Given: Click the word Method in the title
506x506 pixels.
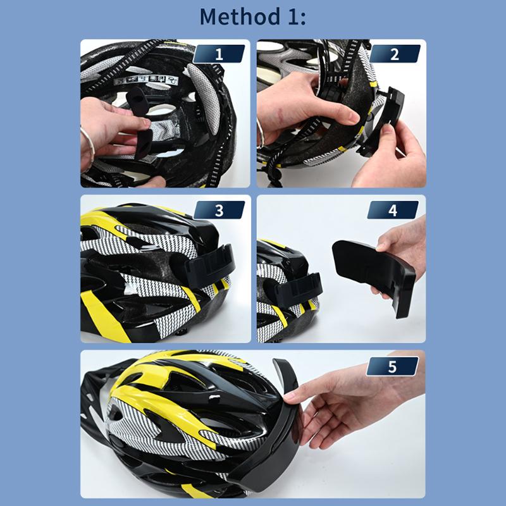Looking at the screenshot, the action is point(240,17).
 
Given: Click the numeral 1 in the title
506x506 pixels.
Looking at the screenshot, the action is point(293,17).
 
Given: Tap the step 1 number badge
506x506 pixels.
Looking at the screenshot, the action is point(219,54).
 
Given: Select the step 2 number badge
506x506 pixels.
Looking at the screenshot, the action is point(394,54).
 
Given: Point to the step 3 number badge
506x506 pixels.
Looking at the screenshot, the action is point(219,210).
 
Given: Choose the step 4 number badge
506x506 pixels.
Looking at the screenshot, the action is point(393,210).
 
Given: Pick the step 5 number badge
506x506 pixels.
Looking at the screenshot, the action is point(392,366).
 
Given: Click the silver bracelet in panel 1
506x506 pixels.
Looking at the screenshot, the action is point(89,145).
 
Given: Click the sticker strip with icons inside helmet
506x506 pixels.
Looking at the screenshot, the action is point(146,80).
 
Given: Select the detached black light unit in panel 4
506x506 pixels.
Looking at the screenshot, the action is point(373,275).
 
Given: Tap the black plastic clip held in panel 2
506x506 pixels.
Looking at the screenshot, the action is point(383,121).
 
